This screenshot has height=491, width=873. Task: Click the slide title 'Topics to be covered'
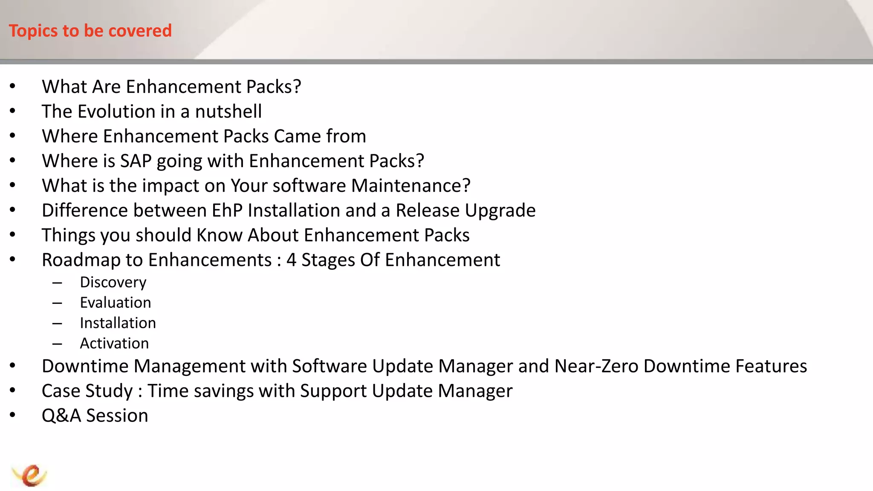click(x=90, y=31)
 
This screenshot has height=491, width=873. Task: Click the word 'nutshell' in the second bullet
click(x=228, y=112)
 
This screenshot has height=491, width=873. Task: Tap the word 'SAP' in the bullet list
click(x=136, y=161)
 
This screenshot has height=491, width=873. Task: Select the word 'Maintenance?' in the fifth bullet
click(x=410, y=186)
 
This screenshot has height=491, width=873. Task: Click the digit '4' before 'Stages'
click(x=291, y=260)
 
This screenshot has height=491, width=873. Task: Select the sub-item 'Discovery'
click(x=113, y=282)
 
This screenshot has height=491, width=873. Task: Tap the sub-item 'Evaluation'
click(x=116, y=303)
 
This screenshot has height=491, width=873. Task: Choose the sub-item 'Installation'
click(x=118, y=323)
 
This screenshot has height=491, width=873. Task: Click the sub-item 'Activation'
click(x=114, y=344)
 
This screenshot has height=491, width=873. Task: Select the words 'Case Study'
click(x=87, y=391)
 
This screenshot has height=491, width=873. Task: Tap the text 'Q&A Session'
click(x=95, y=416)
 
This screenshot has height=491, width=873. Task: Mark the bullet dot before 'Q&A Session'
click(x=13, y=415)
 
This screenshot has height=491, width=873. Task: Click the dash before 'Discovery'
click(x=57, y=283)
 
